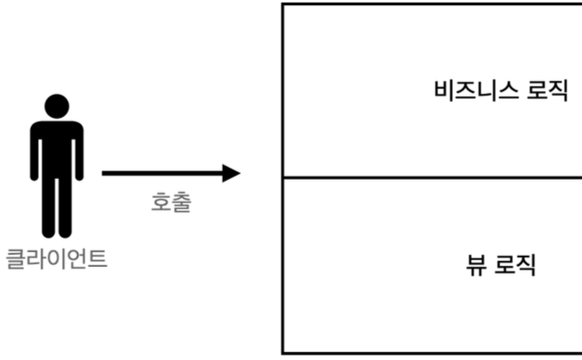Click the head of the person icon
click(57, 106)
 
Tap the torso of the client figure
click(57, 146)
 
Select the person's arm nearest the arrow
click(79, 151)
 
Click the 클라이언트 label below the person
click(57, 258)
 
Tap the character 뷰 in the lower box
click(475, 264)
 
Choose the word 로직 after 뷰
click(516, 264)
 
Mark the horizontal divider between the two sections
click(430, 178)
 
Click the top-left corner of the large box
click(283, 4)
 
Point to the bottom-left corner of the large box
click(283, 352)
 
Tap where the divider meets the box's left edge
click(283, 178)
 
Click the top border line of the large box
click(430, 4)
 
